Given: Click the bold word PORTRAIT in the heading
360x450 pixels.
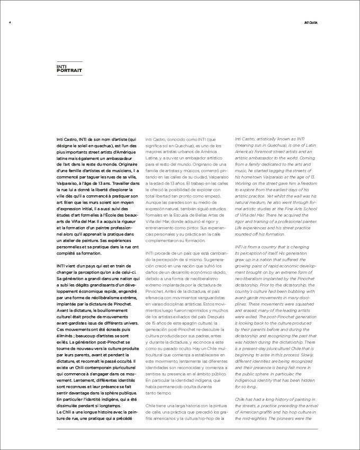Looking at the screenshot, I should point(69,70).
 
